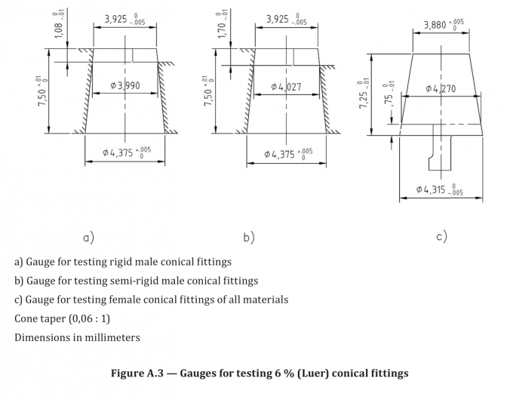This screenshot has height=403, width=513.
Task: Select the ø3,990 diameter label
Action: tap(125, 86)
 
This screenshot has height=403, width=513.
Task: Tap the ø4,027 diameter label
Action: tap(287, 87)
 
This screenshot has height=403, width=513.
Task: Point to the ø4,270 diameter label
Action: tap(441, 88)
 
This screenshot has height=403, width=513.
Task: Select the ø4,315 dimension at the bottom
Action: tap(441, 189)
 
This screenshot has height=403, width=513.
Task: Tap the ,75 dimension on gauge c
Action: tap(389, 94)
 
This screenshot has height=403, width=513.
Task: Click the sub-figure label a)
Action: tap(88, 238)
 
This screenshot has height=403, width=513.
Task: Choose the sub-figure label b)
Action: tap(249, 238)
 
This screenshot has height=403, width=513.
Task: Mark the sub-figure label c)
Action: tap(441, 236)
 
